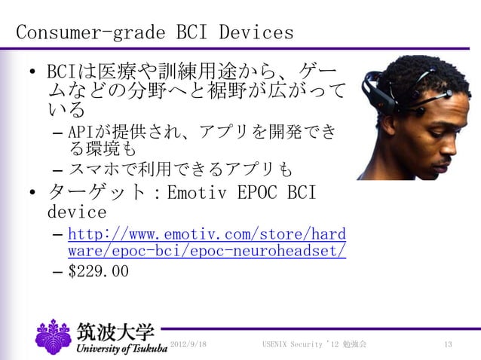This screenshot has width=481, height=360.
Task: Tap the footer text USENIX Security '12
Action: coord(298,344)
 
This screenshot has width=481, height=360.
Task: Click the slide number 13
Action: coord(448,344)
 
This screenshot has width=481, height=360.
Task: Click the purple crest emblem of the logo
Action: coord(54,337)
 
